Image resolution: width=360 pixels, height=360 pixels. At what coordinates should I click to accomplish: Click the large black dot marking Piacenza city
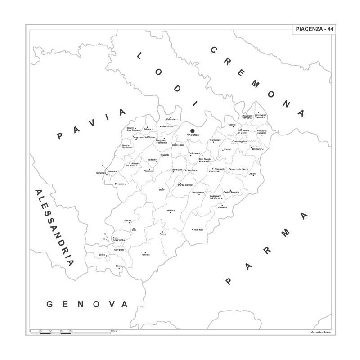(x=193, y=131)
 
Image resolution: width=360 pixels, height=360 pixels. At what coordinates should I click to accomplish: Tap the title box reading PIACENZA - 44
(x=315, y=29)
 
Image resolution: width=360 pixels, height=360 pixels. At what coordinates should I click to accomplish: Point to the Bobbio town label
(x=127, y=220)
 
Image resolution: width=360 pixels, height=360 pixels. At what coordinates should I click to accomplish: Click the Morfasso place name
(x=198, y=230)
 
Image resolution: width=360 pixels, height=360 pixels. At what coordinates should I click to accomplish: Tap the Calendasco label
(x=172, y=119)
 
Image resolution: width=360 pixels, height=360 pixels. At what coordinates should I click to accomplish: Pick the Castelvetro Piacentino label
(x=261, y=116)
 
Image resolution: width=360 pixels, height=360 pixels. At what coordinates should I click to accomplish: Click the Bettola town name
(x=171, y=210)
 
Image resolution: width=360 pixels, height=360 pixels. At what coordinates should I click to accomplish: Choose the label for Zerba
(x=102, y=255)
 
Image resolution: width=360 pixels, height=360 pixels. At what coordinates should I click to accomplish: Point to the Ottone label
(x=119, y=266)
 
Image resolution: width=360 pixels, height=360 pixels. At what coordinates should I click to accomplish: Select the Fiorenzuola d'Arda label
(x=238, y=169)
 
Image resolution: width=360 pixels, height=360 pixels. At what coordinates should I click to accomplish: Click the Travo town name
(x=162, y=190)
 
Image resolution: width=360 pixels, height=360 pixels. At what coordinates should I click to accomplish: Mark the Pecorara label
(x=120, y=184)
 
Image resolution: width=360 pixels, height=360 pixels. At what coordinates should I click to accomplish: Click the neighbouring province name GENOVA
(x=88, y=305)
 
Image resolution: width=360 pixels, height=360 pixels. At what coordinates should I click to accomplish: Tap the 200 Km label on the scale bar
(x=115, y=331)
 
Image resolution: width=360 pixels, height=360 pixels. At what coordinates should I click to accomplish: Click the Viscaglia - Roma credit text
(x=320, y=332)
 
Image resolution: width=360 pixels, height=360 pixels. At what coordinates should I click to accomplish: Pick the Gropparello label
(x=198, y=193)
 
